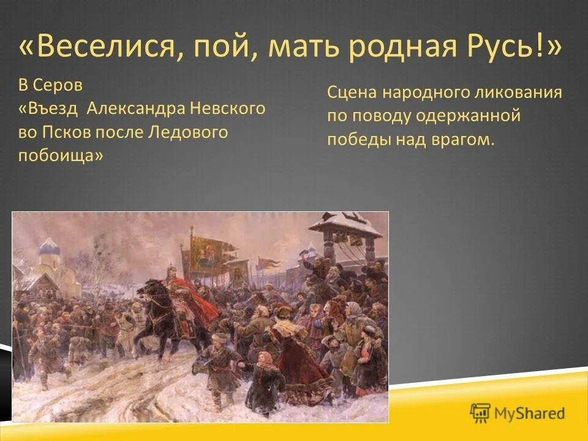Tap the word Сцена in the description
(353, 92)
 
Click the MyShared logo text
(529, 413)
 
